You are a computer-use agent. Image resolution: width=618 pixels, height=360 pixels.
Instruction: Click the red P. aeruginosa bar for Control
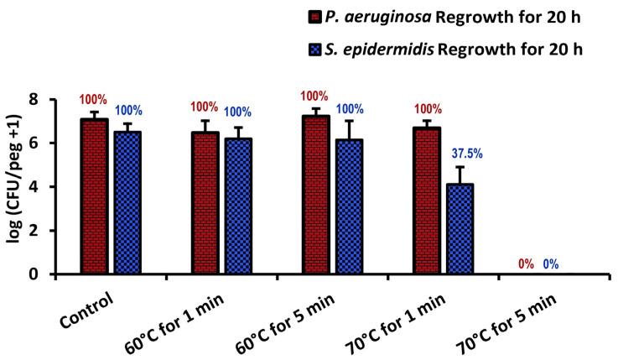[94, 196]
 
